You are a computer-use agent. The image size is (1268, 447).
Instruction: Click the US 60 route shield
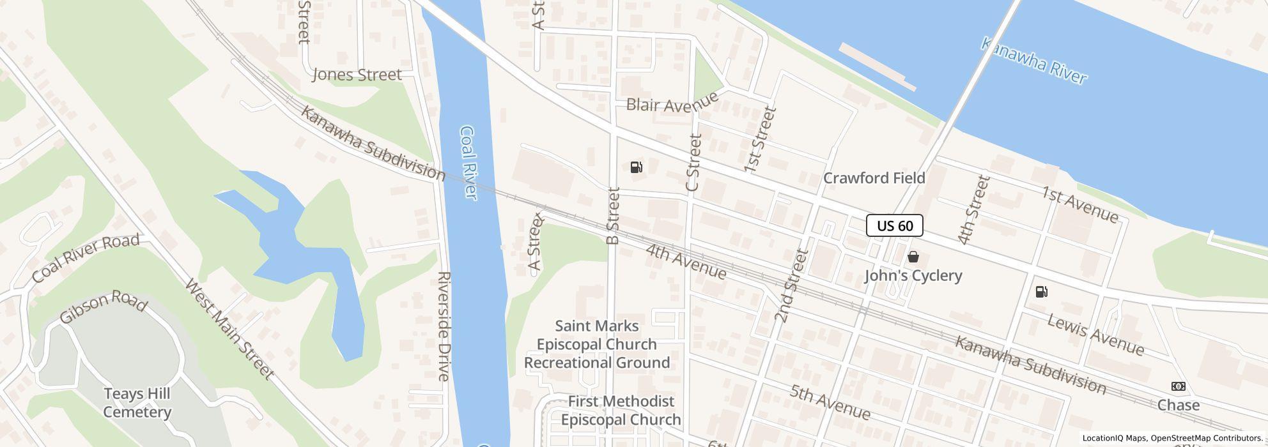click(x=894, y=225)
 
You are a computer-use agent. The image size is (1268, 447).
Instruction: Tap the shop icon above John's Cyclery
click(x=913, y=257)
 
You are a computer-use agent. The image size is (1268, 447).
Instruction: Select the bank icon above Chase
click(x=1178, y=386)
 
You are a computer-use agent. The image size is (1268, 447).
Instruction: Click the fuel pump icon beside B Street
click(x=636, y=168)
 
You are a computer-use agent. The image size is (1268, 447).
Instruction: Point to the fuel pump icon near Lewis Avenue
click(x=1041, y=292)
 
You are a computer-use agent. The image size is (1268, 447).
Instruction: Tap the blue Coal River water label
click(x=468, y=163)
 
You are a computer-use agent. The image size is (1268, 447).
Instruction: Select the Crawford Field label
click(x=874, y=178)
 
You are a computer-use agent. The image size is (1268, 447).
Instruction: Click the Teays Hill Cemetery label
click(x=137, y=403)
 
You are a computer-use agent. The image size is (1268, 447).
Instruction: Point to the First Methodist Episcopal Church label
click(x=621, y=411)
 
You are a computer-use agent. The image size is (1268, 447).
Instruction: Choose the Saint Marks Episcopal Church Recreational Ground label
click(x=597, y=345)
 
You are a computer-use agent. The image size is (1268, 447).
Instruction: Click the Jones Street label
click(x=357, y=75)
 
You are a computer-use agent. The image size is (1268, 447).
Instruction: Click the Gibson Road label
click(x=103, y=307)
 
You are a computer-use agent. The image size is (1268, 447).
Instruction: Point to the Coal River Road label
click(x=86, y=258)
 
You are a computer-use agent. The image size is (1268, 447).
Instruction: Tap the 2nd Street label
click(x=792, y=285)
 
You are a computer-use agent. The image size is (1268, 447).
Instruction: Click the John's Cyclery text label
click(x=913, y=276)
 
